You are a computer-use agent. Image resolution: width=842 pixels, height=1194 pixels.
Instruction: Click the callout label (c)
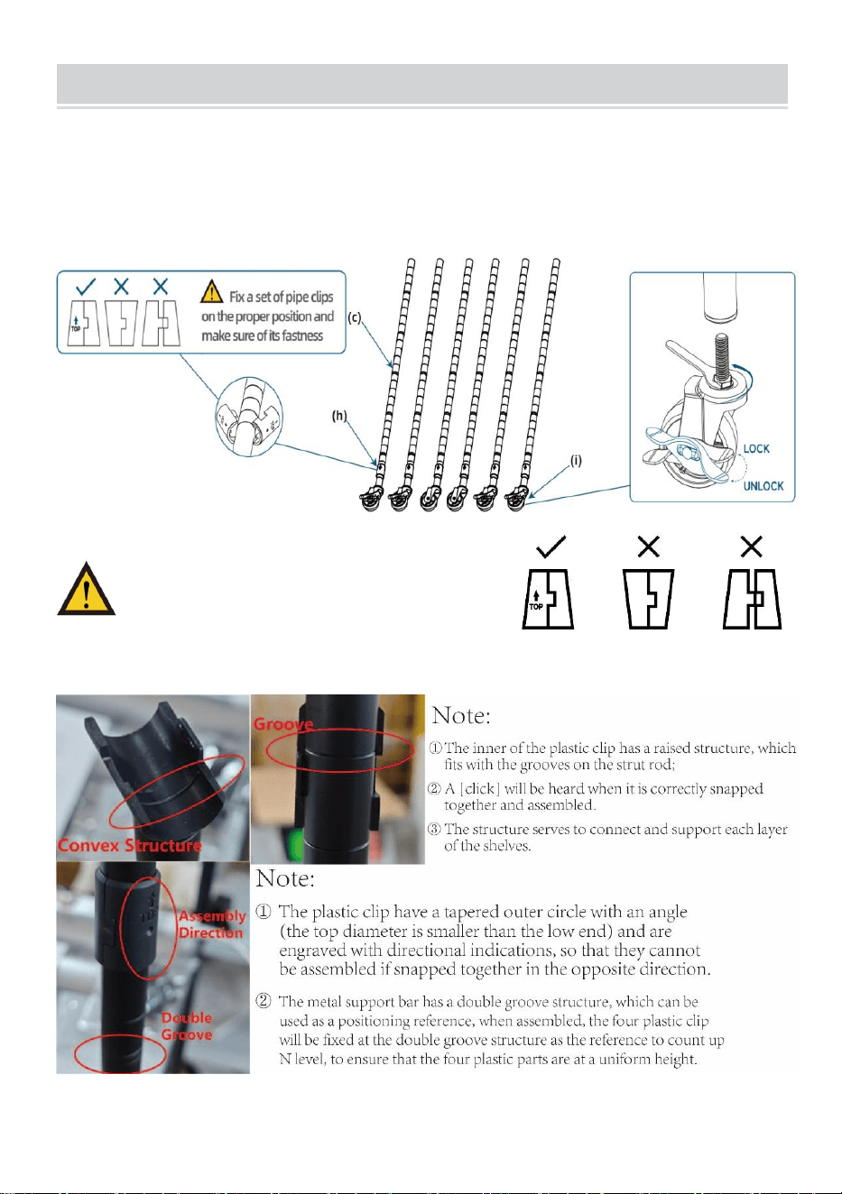355,317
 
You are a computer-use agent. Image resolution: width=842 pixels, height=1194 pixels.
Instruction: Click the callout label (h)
339,416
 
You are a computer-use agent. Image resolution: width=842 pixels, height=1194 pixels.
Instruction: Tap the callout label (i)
576,460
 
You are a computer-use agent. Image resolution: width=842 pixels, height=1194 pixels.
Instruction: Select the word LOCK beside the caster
756,449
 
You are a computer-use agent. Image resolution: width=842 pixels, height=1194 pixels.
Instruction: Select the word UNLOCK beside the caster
763,486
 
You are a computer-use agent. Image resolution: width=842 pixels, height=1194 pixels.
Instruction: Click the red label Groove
283,724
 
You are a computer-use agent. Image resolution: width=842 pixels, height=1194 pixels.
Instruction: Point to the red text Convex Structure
130,845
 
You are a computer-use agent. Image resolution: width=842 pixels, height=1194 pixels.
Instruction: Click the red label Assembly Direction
212,923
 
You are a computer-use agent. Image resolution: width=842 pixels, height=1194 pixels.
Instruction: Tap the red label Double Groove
187,1026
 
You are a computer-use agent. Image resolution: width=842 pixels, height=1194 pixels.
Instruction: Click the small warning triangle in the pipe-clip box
211,291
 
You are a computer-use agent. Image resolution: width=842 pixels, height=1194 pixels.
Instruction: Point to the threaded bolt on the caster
721,356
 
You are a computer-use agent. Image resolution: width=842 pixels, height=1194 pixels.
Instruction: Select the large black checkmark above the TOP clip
551,546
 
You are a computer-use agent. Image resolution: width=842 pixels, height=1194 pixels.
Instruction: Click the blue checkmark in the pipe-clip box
86,287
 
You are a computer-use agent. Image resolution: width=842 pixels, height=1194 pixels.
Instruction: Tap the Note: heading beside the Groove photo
460,715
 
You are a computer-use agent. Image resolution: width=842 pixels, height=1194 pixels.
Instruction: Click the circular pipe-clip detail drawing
249,417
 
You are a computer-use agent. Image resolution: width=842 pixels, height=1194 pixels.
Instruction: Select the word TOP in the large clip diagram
536,607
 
